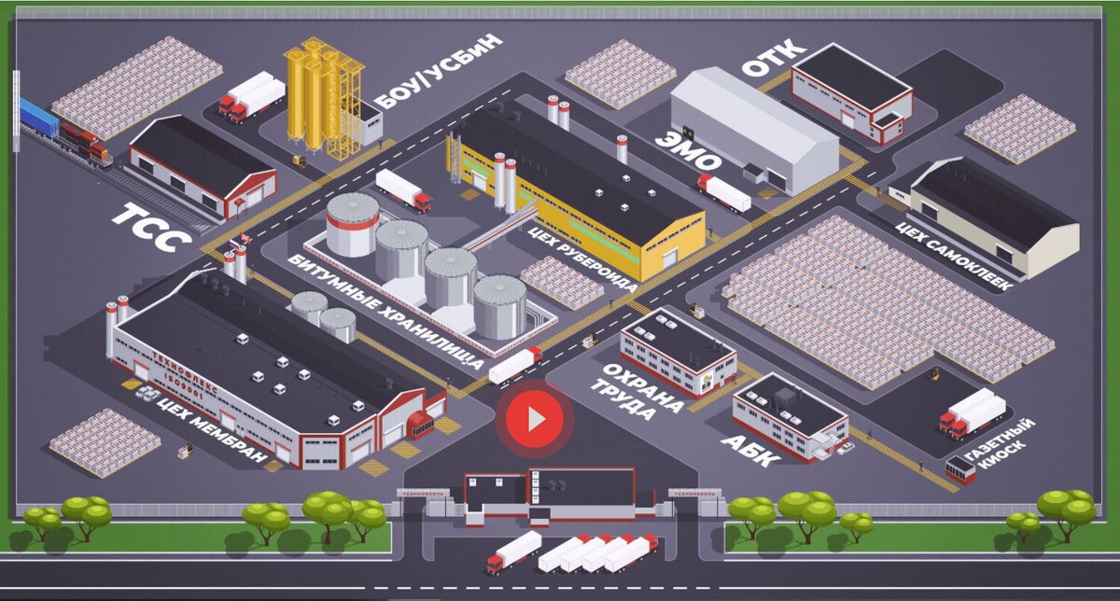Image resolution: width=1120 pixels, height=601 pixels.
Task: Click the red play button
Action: pos(535,419)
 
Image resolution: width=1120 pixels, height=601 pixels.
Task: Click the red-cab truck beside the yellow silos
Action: pos(251,97)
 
